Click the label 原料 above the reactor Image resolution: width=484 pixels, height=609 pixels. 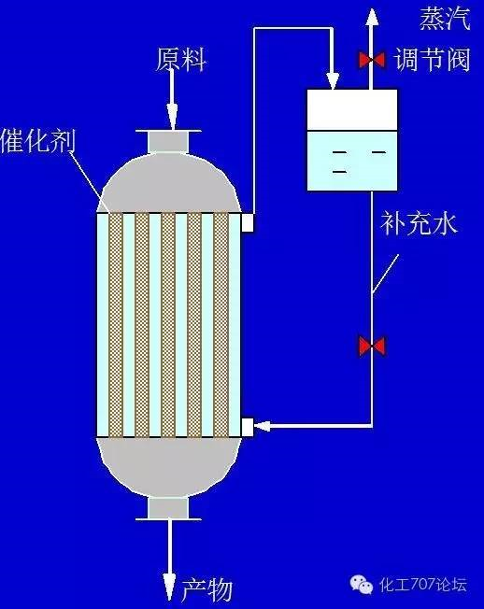tap(180, 60)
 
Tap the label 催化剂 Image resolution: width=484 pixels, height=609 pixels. tap(38, 141)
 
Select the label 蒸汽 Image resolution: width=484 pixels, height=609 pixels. tap(445, 19)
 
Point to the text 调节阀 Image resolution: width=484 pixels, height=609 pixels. tap(433, 60)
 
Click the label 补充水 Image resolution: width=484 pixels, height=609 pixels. tap(419, 224)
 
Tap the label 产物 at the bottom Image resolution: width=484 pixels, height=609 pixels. tap(206, 589)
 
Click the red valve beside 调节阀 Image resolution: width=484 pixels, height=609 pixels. tap(372, 60)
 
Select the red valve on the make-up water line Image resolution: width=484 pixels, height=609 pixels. tap(372, 347)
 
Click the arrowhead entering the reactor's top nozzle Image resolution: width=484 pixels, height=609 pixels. tap(173, 116)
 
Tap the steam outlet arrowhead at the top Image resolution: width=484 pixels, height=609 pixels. tap(372, 18)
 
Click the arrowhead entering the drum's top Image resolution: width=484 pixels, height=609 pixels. tap(333, 80)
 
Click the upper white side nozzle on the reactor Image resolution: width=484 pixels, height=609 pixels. tap(248, 222)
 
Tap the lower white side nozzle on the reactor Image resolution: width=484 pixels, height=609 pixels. tap(248, 427)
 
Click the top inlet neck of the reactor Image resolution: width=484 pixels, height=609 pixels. tap(168, 141)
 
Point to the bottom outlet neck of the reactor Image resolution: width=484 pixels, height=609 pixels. tap(168, 508)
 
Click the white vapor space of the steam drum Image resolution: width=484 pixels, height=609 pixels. tap(352, 110)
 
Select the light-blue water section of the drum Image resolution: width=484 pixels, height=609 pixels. tap(352, 161)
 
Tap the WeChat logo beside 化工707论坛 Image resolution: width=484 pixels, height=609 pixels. tap(362, 585)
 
